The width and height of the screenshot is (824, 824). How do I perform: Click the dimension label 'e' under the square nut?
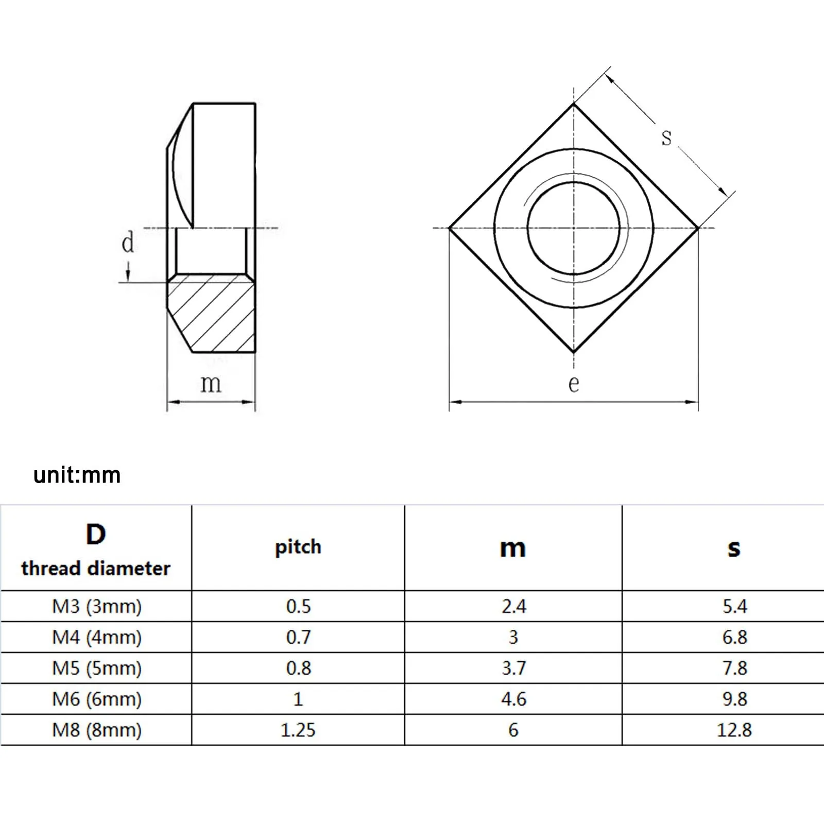[x=574, y=384]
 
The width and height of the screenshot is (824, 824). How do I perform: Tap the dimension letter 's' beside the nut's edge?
[x=667, y=138]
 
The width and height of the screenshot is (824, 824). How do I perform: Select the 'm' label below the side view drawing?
[x=211, y=384]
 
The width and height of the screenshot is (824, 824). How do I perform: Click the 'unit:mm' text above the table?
[x=77, y=475]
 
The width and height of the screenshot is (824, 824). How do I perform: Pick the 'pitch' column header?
[x=298, y=547]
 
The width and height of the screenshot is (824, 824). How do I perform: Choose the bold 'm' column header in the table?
[x=513, y=548]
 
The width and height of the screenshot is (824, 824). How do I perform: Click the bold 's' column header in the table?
[x=734, y=548]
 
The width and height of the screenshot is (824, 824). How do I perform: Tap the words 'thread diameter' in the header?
[x=96, y=569]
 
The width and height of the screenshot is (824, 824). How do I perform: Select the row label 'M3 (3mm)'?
[x=97, y=606]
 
